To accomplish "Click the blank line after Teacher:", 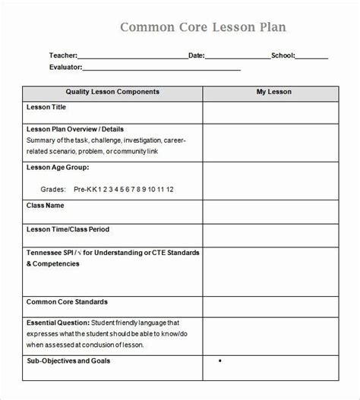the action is click(131, 56).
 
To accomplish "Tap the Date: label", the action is click(196, 55).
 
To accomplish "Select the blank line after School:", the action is click(311, 56).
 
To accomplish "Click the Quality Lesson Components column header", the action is click(112, 92).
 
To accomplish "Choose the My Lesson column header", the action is click(273, 92).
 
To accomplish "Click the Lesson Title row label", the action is click(48, 108).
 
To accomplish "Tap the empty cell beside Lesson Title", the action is click(273, 112).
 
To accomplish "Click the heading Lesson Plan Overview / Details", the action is click(75, 129).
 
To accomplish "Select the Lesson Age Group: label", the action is click(58, 166).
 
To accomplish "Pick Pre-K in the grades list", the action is click(82, 188).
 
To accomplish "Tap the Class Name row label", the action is click(46, 205).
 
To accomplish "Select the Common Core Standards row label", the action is click(67, 301).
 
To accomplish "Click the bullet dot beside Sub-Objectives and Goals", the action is click(220, 361).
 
